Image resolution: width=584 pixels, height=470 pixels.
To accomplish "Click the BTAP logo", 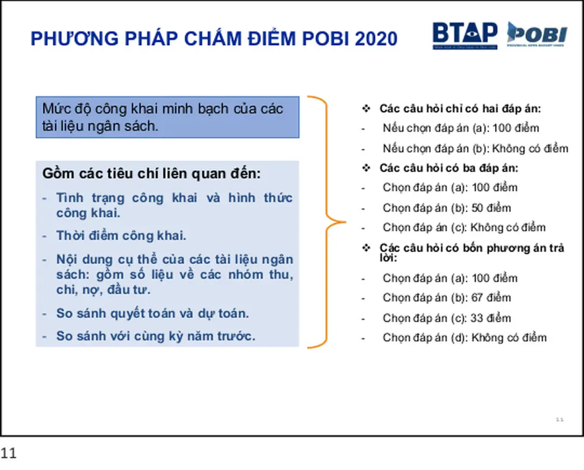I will [x=464, y=36].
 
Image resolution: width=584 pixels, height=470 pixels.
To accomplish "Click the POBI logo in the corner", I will [x=536, y=35].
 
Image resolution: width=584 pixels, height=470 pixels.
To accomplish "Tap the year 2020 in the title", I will [x=376, y=39].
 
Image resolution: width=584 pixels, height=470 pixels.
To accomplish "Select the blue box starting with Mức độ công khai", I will [x=167, y=117].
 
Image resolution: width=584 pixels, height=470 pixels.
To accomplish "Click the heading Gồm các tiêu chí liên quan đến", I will [x=151, y=174].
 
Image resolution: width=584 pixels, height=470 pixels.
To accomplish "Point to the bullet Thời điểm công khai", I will [x=121, y=236].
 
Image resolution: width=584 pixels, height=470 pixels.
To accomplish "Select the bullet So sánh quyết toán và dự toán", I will [x=152, y=313].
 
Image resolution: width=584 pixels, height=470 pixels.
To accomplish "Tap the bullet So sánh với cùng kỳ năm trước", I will [x=155, y=336].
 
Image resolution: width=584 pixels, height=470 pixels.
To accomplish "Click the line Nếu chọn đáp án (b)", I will [x=475, y=149].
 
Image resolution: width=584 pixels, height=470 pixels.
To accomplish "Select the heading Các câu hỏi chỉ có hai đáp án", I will [x=460, y=109].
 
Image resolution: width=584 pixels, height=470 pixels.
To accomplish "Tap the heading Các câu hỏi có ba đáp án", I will [x=448, y=168].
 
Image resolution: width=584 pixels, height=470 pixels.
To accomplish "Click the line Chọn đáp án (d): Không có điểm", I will [x=464, y=338].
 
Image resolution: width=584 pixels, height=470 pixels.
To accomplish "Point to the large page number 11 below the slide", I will [x=9, y=453].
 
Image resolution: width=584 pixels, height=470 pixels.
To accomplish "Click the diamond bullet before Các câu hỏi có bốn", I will [x=366, y=248].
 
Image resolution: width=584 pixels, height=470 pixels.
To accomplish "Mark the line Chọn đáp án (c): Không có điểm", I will [x=463, y=228].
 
